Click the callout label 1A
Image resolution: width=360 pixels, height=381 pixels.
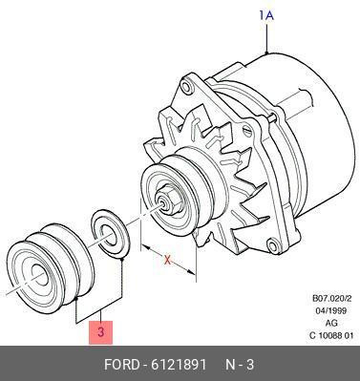pos(266,15)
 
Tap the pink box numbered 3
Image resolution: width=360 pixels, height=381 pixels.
pos(100,332)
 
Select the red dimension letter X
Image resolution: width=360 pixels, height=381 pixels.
pos(167,260)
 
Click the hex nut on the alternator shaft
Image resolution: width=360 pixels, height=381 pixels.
pos(171,199)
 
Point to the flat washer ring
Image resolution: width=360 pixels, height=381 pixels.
pos(110,233)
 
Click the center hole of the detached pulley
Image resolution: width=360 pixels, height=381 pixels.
pos(40,275)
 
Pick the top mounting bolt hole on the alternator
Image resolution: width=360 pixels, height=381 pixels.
pos(187,86)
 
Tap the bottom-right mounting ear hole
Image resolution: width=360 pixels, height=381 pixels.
pos(274,246)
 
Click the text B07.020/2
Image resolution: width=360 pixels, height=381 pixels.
pos(332,299)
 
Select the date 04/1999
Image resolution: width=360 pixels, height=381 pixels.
pos(332,310)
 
